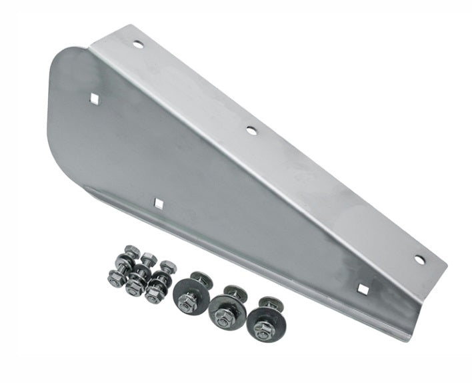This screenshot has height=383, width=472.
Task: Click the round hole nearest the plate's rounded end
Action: tap(138, 45)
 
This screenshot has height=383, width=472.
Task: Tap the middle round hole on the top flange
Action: tap(251, 131)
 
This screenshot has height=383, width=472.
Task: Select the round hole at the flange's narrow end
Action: tap(419, 260)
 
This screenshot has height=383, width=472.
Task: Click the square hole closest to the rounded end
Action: tap(95, 99)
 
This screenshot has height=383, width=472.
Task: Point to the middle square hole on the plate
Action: tap(159, 203)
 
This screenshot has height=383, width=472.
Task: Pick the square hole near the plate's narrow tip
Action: tap(363, 288)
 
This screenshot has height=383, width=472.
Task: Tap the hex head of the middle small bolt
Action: tap(148, 258)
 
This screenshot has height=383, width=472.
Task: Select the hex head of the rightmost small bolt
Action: tap(168, 266)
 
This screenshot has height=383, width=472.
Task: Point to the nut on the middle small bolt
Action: tap(135, 288)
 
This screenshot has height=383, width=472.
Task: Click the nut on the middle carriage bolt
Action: tap(224, 318)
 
